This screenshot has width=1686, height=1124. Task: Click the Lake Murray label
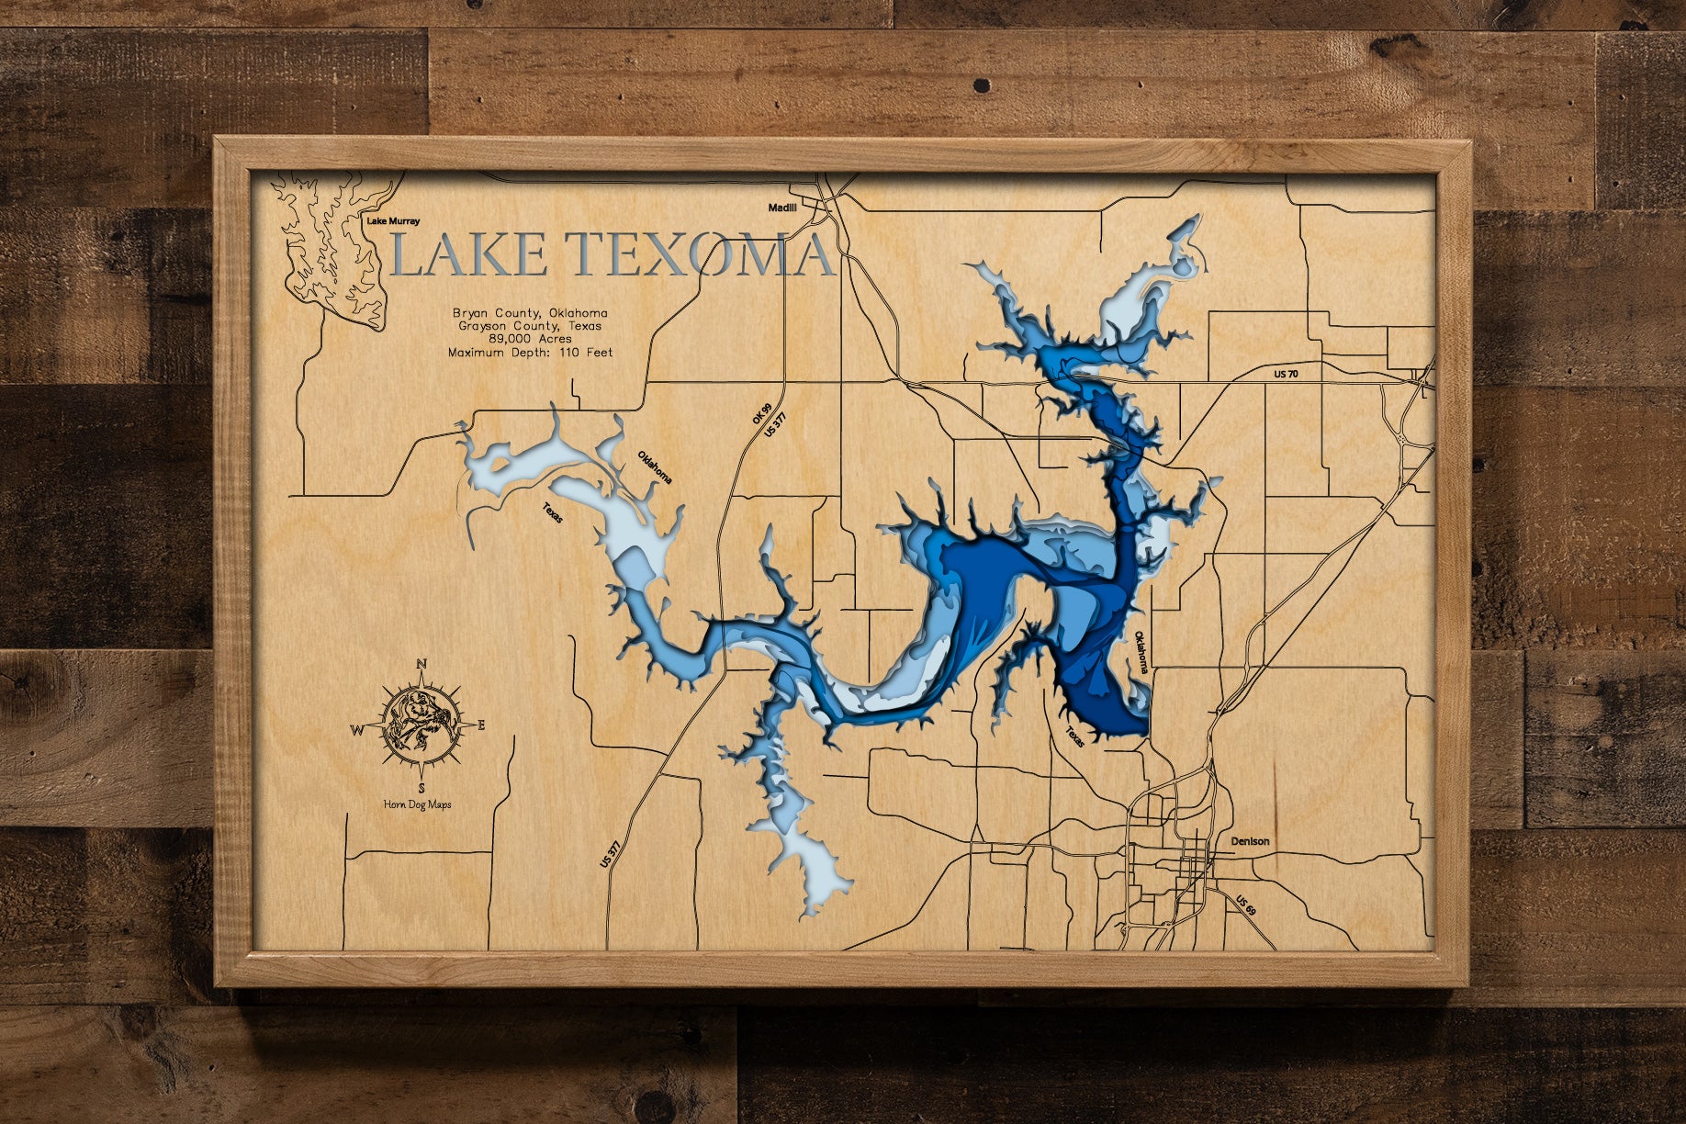pos(393,221)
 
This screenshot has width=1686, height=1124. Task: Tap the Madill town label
pos(782,208)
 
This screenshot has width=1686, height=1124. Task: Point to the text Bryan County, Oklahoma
pos(530,313)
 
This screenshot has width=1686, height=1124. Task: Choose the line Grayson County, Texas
pos(530,326)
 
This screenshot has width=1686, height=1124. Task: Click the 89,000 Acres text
pos(530,339)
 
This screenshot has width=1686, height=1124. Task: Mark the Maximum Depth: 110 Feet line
pos(530,353)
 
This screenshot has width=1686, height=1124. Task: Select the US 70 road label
pos(1287,374)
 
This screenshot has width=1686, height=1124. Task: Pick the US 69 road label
pos(1244,905)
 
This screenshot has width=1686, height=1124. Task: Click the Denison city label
pos(1250,841)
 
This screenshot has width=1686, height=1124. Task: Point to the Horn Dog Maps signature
pos(418,804)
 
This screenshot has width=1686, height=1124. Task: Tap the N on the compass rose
pos(421,664)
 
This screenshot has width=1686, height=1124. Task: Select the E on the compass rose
pos(481,725)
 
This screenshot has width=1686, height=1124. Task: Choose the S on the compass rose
pos(421,788)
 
